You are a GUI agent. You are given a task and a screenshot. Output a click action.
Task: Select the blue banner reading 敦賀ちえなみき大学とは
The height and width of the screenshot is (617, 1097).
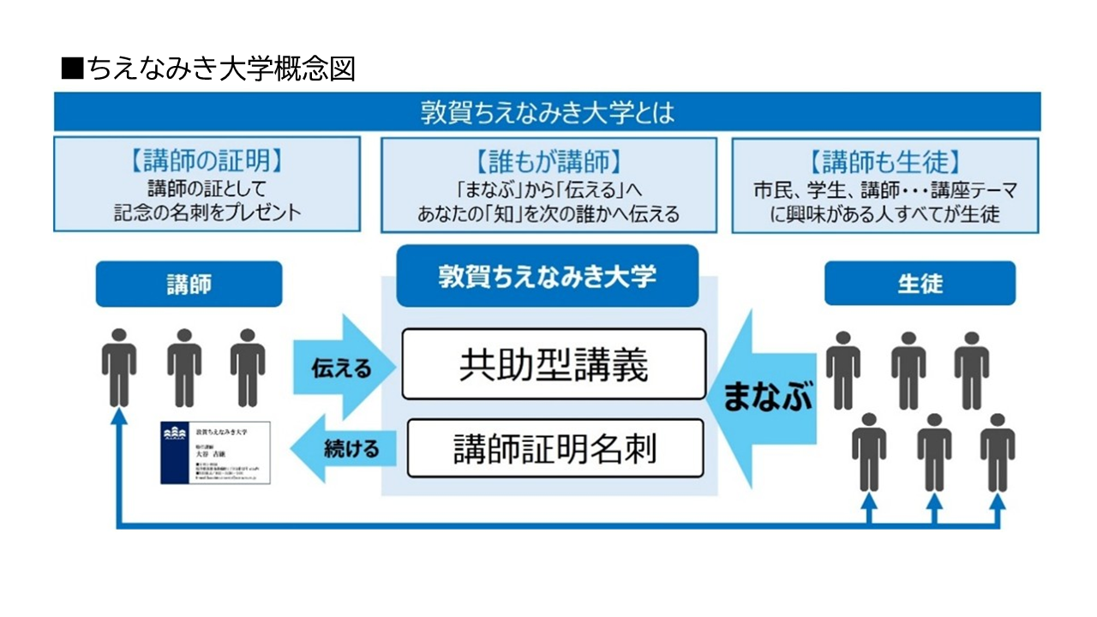point(548,112)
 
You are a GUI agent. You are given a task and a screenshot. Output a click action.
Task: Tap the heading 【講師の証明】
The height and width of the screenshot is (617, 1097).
point(207,160)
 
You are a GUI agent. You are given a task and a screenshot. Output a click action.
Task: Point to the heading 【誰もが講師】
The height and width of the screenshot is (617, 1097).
point(548,160)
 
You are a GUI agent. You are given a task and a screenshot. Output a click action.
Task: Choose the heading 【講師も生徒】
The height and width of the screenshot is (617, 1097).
point(885,160)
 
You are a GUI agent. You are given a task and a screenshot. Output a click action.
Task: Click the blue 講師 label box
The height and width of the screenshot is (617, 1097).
point(189,285)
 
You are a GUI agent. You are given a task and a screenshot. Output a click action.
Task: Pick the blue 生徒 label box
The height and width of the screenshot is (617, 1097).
point(920,285)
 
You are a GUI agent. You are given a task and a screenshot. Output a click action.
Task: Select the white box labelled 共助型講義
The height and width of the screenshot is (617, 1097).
point(554,364)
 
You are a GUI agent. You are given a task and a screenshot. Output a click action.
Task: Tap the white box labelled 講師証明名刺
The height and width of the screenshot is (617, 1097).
point(554,447)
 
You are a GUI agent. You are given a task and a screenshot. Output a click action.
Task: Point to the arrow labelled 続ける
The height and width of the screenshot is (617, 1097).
point(343,447)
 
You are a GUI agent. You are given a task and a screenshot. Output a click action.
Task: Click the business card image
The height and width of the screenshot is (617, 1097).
point(216,452)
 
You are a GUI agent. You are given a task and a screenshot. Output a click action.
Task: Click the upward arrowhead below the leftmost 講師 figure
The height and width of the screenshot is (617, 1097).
point(119,416)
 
